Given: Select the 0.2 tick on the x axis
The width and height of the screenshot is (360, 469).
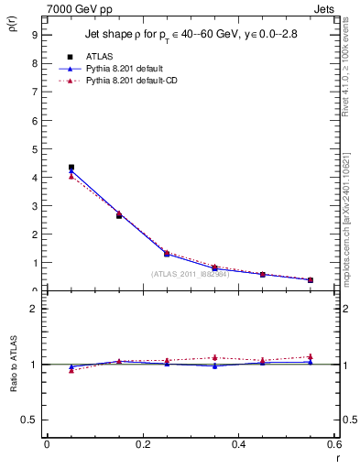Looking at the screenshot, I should [142, 444].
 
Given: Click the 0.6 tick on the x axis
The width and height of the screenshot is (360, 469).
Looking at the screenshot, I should [334, 444].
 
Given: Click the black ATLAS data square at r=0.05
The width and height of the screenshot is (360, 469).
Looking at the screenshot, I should [71, 168].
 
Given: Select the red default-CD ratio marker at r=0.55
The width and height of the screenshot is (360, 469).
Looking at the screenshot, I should [311, 356].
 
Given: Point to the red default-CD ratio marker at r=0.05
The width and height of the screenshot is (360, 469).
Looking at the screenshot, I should [71, 370].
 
